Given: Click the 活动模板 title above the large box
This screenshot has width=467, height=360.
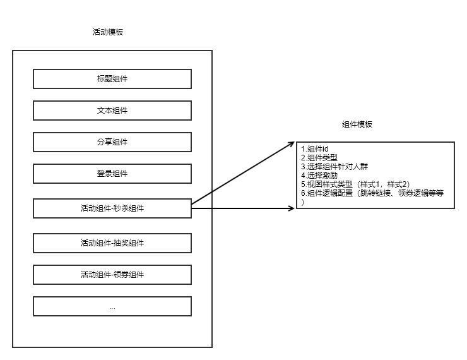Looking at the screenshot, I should point(107,32).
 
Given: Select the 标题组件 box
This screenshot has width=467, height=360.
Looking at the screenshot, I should point(112,79).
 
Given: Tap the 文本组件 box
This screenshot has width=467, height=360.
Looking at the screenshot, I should point(112,111).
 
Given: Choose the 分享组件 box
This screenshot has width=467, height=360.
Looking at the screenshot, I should point(112,142).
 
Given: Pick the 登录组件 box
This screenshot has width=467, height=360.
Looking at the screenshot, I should point(112,174).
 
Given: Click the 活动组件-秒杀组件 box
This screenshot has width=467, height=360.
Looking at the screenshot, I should point(112,208).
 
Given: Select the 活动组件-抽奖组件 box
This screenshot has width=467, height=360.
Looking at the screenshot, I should point(112,243).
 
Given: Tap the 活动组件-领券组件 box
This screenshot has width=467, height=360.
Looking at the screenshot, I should point(112,275).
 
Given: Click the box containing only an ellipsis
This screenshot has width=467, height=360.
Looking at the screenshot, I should point(112,307).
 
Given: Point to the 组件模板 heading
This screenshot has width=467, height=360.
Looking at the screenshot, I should point(357,124).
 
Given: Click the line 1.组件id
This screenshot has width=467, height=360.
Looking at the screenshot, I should point(315,149).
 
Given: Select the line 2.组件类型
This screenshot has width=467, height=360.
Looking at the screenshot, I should point(319,158).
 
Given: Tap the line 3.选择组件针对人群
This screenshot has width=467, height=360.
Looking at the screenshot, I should point(334,167).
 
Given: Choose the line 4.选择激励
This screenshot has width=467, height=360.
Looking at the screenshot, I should point(319,176).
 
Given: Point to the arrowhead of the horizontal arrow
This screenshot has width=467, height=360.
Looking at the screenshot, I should point(292,208).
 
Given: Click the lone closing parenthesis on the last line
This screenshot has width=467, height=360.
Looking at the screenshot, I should point(303,202).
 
